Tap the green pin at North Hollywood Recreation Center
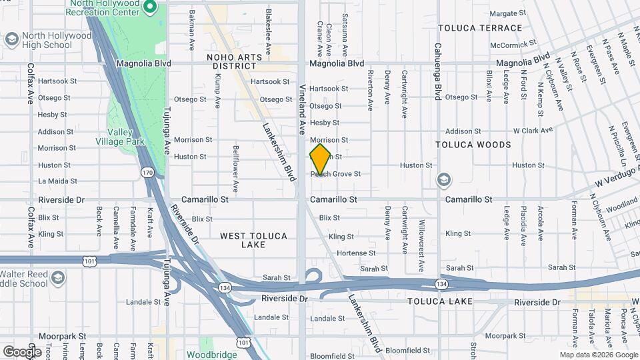tap(150, 7)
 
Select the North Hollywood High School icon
tap(11, 39)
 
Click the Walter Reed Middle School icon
tap(58, 277)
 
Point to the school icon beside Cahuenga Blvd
tap(443, 180)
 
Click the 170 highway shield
tap(147, 173)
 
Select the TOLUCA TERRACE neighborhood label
tap(480, 28)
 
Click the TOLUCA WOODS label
tap(473, 145)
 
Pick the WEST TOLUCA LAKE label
tap(253, 241)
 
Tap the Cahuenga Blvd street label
tap(438, 63)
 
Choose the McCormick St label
tap(513, 45)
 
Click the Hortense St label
tap(356, 253)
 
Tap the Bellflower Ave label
tap(235, 163)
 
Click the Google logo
tap(22, 351)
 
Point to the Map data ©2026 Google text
tap(598, 355)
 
